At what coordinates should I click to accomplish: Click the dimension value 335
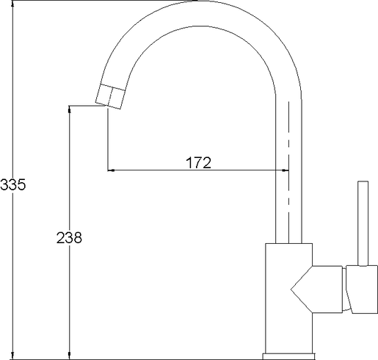(12, 184)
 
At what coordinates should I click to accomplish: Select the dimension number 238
(69, 238)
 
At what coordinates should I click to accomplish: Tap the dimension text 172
(198, 162)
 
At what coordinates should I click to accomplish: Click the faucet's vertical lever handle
(363, 223)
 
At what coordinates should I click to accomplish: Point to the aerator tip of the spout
(111, 97)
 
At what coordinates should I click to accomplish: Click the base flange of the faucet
(288, 356)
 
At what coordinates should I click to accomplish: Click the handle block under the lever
(362, 289)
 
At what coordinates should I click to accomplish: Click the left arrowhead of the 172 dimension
(111, 170)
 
